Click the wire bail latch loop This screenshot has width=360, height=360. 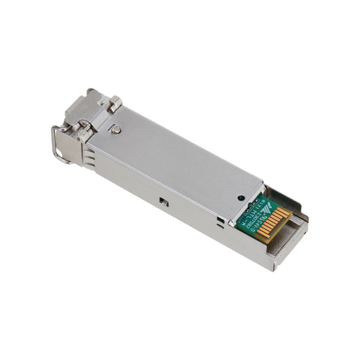(x=58, y=144)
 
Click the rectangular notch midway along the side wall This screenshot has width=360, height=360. (x=163, y=202)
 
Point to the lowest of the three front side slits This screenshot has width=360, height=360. (x=89, y=166)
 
